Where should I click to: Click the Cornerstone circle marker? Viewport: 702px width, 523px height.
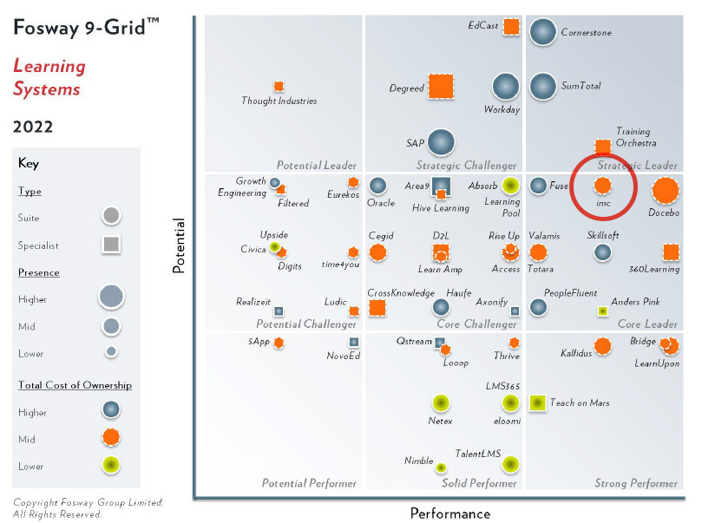(x=543, y=32)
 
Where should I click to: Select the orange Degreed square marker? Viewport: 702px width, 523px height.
(x=441, y=87)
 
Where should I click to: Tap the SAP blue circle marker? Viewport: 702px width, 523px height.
(x=441, y=142)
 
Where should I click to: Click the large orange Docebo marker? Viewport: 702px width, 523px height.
(x=666, y=191)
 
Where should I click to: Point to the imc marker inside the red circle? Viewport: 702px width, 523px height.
(x=602, y=186)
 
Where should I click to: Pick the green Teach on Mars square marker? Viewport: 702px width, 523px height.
(x=537, y=402)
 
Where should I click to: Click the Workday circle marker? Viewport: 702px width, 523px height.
(x=505, y=87)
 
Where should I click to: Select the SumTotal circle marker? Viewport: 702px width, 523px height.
(x=543, y=86)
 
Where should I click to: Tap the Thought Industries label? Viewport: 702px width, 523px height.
(x=279, y=101)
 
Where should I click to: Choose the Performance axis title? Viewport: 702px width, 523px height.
(x=449, y=513)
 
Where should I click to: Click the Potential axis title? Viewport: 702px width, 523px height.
(x=179, y=245)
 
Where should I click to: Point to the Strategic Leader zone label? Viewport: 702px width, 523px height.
(x=637, y=165)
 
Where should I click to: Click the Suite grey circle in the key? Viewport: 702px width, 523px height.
(x=111, y=215)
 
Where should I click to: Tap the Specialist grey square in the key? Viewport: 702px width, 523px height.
(x=111, y=245)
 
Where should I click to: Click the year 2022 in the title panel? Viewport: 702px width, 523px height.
(x=33, y=127)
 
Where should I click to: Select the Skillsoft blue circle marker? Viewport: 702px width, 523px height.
(x=602, y=252)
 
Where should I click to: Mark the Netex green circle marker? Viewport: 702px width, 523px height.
(x=441, y=402)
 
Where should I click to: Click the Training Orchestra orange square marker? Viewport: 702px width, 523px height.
(x=602, y=146)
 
